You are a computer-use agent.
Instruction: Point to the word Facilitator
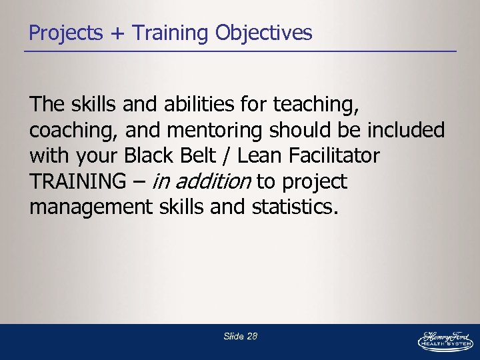click(x=339, y=156)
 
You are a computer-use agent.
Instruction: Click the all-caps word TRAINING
click(x=77, y=181)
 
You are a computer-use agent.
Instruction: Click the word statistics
click(x=295, y=207)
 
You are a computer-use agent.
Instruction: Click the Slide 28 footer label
click(x=240, y=337)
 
